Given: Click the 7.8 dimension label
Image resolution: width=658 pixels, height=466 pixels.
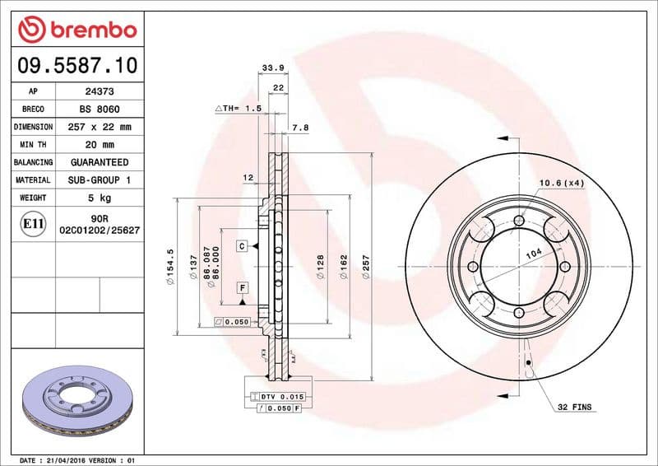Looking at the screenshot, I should [x=300, y=128].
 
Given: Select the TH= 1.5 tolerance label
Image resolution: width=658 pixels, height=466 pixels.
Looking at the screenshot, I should [x=238, y=108].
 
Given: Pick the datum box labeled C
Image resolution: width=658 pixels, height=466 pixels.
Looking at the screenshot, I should [x=243, y=246].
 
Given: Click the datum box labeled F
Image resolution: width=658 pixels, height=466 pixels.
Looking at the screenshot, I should [x=243, y=287].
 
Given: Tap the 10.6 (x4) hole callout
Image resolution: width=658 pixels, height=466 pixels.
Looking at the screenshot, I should [x=561, y=183].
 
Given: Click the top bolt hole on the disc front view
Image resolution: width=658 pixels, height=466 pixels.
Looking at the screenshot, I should [x=518, y=220].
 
